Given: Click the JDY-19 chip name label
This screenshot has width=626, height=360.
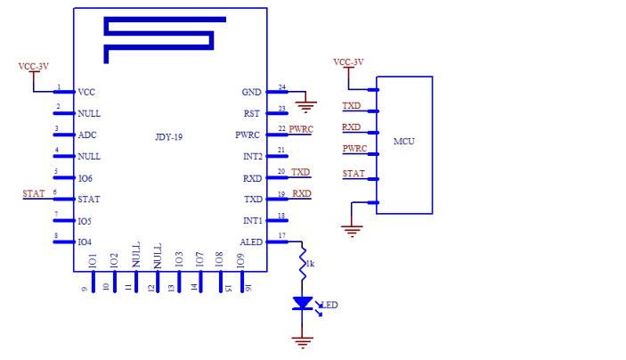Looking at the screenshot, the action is coord(169,137).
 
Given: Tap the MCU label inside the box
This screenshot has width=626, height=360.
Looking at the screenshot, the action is coord(404,141).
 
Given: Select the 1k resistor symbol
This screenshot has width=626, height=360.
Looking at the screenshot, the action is coord(303,263).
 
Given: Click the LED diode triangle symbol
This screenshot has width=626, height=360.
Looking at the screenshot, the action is coord(302,303).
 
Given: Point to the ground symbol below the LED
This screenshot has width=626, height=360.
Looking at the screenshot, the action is coord(302,342).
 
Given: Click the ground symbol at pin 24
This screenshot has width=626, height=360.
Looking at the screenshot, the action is coord(305,107).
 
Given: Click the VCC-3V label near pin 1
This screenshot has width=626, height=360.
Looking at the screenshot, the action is coord(34,66).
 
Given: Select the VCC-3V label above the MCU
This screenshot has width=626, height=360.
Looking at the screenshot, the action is coord(348,62).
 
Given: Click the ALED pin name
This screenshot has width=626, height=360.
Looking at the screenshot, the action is coord(251,242).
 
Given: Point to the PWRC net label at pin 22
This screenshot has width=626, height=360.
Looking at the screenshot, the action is coord(301,129).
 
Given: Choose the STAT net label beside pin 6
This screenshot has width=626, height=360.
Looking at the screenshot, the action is coord(34,193).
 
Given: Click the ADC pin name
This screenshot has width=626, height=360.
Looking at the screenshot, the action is coord(87,135).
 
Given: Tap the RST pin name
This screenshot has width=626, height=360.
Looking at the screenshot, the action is coord(251,113).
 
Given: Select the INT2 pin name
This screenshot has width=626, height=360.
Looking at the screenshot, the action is coord(253,156).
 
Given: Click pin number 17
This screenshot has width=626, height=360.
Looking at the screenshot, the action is coord(282,235).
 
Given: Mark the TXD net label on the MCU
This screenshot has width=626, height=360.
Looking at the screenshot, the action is coord(352,105).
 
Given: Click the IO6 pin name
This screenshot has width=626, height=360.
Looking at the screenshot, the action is coord(85,178).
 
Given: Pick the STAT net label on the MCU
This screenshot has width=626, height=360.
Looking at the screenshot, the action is coord(354,174).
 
